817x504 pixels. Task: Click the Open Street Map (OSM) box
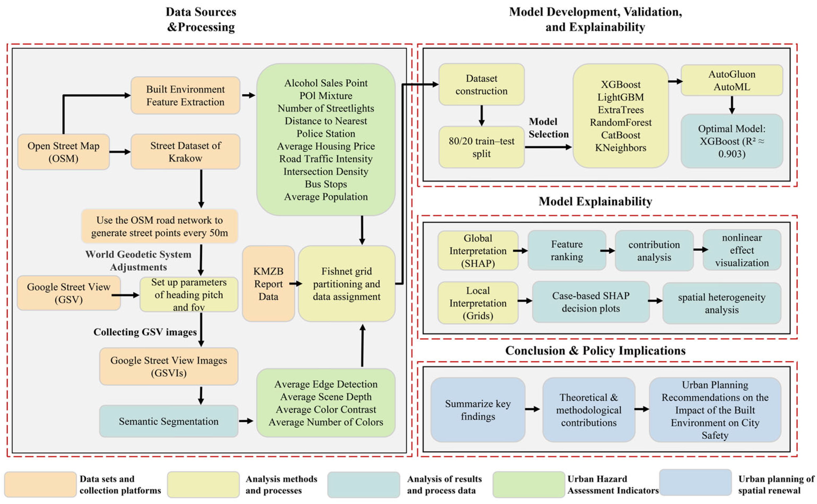63,152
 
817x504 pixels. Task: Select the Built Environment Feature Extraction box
185,96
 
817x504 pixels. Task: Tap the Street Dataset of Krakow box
185,152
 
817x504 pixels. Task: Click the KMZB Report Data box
268,284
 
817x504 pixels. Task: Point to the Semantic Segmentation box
169,421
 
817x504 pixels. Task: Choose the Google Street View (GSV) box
69,293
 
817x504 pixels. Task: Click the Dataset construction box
481,85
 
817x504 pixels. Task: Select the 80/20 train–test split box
481,147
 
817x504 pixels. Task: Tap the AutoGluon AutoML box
732,80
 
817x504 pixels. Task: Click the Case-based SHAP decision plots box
591,302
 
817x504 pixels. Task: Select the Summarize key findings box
478,410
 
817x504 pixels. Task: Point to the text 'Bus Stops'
326,184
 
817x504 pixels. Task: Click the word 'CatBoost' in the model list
620,135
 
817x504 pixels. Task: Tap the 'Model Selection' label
548,128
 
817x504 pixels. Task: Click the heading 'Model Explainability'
595,201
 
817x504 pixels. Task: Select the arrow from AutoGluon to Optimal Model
732,105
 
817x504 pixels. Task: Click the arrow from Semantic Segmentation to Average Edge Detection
246,421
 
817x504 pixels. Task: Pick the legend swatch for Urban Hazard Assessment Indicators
528,484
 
